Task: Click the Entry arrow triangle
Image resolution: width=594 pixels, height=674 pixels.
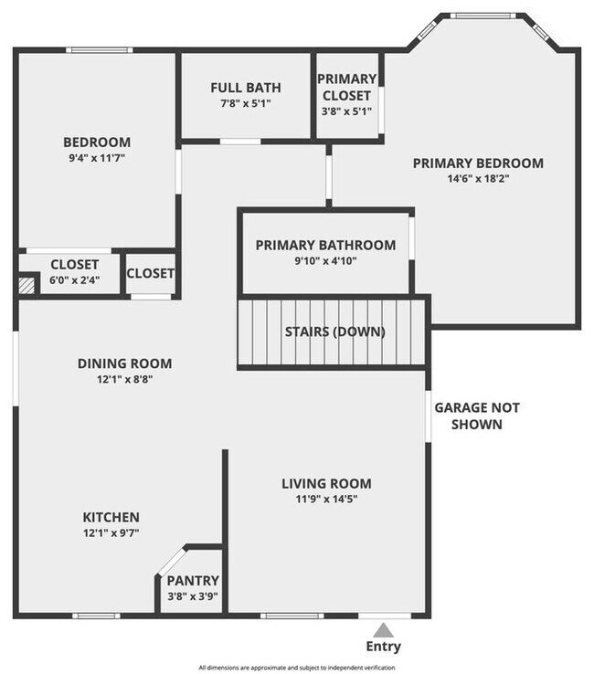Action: coord(384,629)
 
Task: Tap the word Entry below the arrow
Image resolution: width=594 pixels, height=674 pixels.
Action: coord(384,647)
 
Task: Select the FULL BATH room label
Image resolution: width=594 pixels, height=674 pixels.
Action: coord(246,88)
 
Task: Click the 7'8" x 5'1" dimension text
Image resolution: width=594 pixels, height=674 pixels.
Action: coord(246,103)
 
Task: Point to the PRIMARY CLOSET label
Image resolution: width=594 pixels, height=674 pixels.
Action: coord(347,87)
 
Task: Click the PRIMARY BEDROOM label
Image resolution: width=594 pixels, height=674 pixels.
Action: coord(478,163)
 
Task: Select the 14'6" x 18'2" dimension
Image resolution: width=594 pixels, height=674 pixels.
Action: coord(478,179)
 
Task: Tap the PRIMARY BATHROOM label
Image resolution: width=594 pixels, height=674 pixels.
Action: coord(325,245)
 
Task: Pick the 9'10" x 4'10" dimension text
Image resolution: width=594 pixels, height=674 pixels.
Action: coord(325,260)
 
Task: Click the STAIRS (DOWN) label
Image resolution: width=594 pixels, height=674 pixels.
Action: coord(334,331)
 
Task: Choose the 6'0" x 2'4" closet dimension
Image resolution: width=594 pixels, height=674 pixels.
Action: coord(74,281)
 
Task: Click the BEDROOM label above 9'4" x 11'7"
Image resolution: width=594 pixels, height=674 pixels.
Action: coord(97,142)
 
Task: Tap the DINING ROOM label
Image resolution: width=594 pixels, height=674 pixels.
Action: coord(124,363)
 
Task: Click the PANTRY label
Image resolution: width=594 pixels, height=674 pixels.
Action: coord(192,581)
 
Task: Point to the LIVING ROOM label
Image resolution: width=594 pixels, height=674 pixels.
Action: coord(326,484)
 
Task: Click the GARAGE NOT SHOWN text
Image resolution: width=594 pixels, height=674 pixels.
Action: coord(476,416)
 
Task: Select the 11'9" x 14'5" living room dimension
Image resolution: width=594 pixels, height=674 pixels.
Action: coord(326,500)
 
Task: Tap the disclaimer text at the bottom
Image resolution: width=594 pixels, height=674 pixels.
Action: coord(297,668)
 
